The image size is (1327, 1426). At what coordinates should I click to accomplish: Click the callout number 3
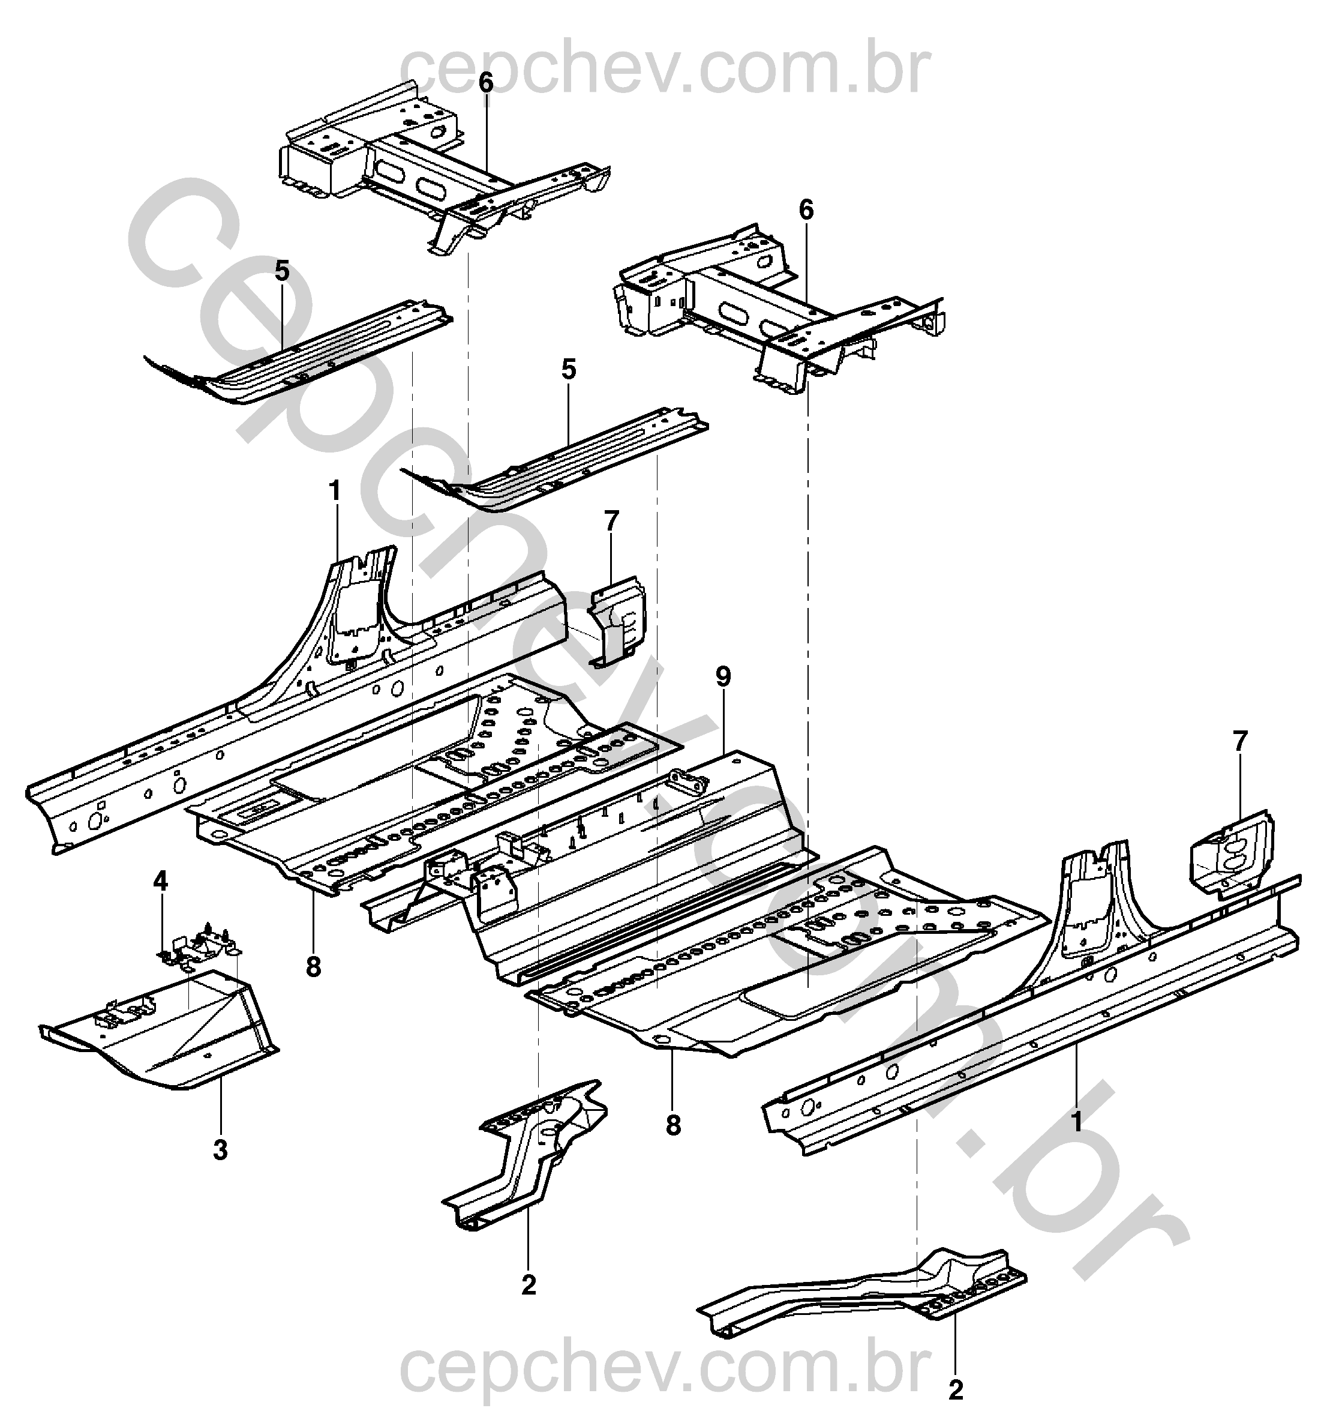click(220, 1150)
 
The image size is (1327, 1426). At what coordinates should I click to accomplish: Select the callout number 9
click(723, 676)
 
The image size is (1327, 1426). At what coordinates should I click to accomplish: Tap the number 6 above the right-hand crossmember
click(806, 210)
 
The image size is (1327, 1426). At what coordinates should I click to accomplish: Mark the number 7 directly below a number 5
click(611, 522)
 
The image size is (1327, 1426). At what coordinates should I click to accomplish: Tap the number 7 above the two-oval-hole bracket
click(1240, 740)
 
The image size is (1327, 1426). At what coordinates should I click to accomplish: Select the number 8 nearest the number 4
click(313, 967)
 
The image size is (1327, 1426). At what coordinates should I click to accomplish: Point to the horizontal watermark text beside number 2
click(665, 1370)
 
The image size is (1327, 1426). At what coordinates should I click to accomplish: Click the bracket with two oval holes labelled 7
click(1232, 854)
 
